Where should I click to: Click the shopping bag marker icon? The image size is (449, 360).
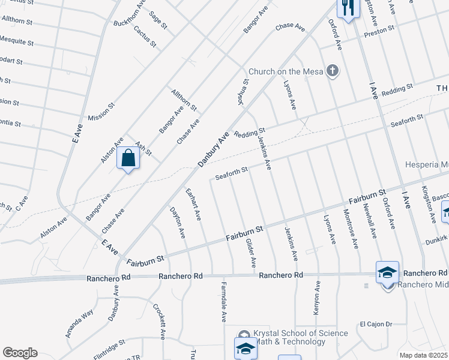pyautogui.click(x=128, y=158)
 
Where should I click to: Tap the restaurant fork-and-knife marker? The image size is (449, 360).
pyautogui.click(x=348, y=8)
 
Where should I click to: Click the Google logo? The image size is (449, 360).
pyautogui.click(x=20, y=353)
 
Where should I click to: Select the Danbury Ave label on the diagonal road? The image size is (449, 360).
pyautogui.click(x=214, y=149)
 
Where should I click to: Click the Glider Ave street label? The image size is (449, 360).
pyautogui.click(x=252, y=253)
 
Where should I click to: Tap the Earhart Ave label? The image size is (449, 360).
pyautogui.click(x=193, y=205)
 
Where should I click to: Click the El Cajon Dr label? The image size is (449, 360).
pyautogui.click(x=376, y=324)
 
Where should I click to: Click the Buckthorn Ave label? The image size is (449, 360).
pyautogui.click(x=130, y=13)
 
